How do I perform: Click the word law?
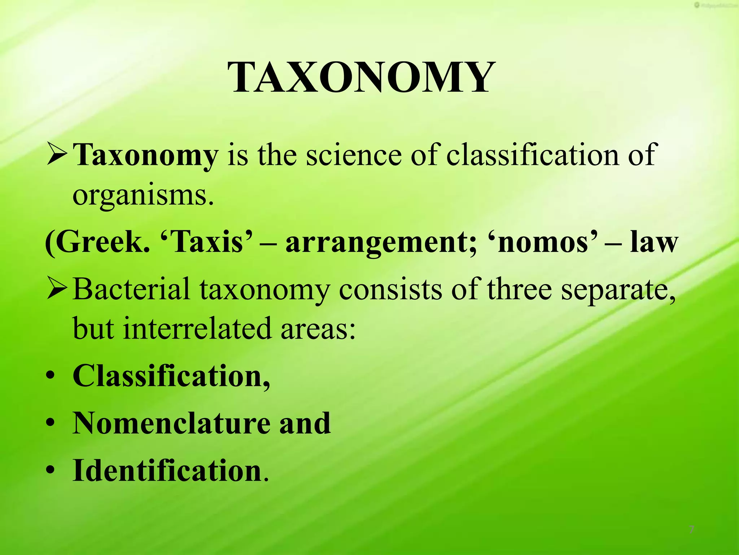(x=654, y=242)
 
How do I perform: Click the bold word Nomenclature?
(x=171, y=423)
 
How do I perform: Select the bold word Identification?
(x=167, y=470)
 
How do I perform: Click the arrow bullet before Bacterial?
(x=57, y=289)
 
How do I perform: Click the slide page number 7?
(x=691, y=530)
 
